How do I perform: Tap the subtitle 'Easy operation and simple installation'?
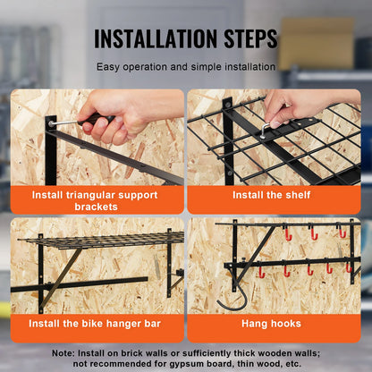click(x=185, y=66)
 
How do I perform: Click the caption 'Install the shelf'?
click(x=274, y=194)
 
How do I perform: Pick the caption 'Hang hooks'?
click(x=274, y=324)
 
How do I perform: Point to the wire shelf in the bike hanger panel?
click(x=98, y=240)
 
